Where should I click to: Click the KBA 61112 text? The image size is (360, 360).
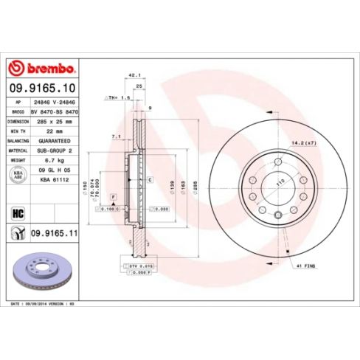pos(54,179)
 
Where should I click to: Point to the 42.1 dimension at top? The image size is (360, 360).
pos(134,75)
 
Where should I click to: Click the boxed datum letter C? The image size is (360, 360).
pos(150,179)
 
